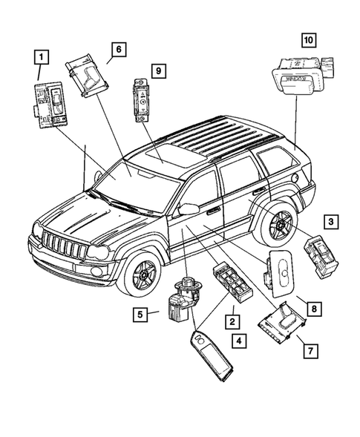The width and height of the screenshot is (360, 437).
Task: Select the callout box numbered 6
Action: pyautogui.click(x=117, y=50)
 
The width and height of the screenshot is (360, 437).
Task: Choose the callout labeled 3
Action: pyautogui.click(x=331, y=221)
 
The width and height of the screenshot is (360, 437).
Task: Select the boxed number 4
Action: pyautogui.click(x=238, y=341)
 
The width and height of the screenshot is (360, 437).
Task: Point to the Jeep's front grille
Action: pyautogui.click(x=65, y=246)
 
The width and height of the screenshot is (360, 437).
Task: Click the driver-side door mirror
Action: pyautogui.click(x=189, y=210)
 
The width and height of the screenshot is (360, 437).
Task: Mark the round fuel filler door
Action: pyautogui.click(x=297, y=178)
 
